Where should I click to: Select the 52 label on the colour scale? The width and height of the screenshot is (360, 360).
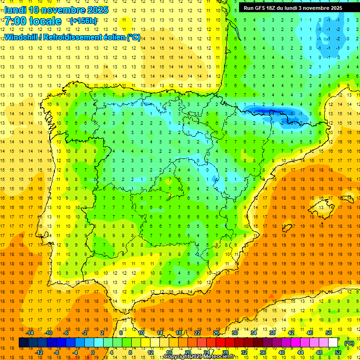pos(338,352)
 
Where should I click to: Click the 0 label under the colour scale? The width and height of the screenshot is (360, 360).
pos(92,352)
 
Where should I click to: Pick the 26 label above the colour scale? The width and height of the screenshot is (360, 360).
pos(216,333)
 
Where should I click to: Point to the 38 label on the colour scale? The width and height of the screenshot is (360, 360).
pos(272,333)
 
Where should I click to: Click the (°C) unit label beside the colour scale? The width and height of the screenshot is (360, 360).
pos(349,343)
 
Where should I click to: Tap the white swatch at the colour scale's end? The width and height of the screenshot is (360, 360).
pos(333,343)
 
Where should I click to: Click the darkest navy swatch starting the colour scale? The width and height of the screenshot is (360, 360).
pos(23,343)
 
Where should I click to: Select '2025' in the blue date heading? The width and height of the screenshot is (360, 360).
pos(97,10)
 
